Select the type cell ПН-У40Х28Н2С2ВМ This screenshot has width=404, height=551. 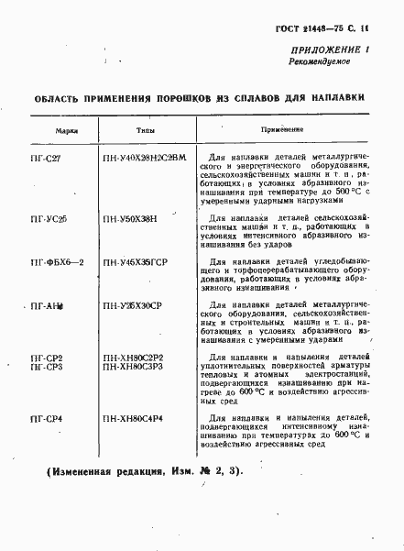(x=145, y=158)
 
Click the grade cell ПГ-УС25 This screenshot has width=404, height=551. (x=49, y=219)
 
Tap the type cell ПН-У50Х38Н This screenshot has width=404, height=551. (x=130, y=219)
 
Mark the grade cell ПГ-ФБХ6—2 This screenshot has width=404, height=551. (x=57, y=263)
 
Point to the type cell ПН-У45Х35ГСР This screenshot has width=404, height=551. (x=137, y=263)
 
